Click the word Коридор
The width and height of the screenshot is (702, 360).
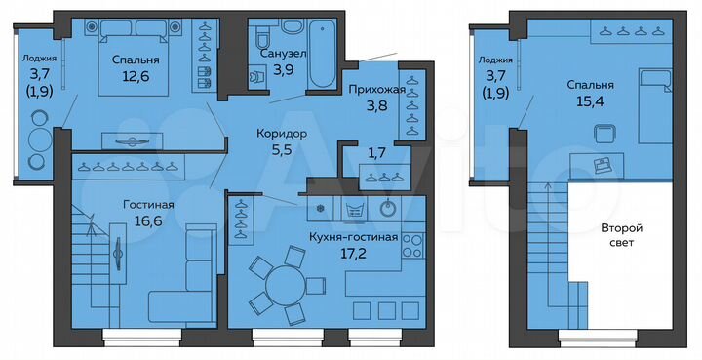[x=282, y=134]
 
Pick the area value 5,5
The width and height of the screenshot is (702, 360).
[x=282, y=150]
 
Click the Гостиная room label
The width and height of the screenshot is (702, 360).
[x=148, y=205]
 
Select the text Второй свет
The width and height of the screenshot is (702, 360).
[x=620, y=234]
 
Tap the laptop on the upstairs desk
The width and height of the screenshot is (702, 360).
[x=601, y=163]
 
